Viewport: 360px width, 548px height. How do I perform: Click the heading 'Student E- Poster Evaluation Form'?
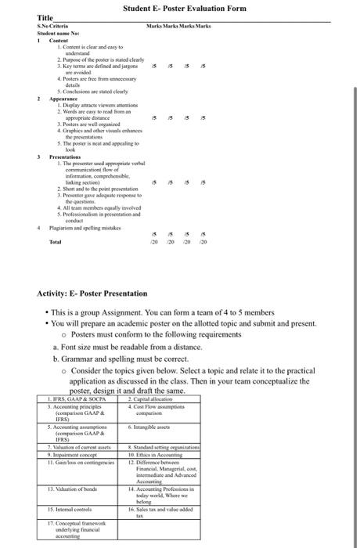click(184, 8)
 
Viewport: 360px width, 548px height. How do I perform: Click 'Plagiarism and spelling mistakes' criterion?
click(86, 227)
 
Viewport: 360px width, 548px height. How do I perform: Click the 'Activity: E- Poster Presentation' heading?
click(92, 294)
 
